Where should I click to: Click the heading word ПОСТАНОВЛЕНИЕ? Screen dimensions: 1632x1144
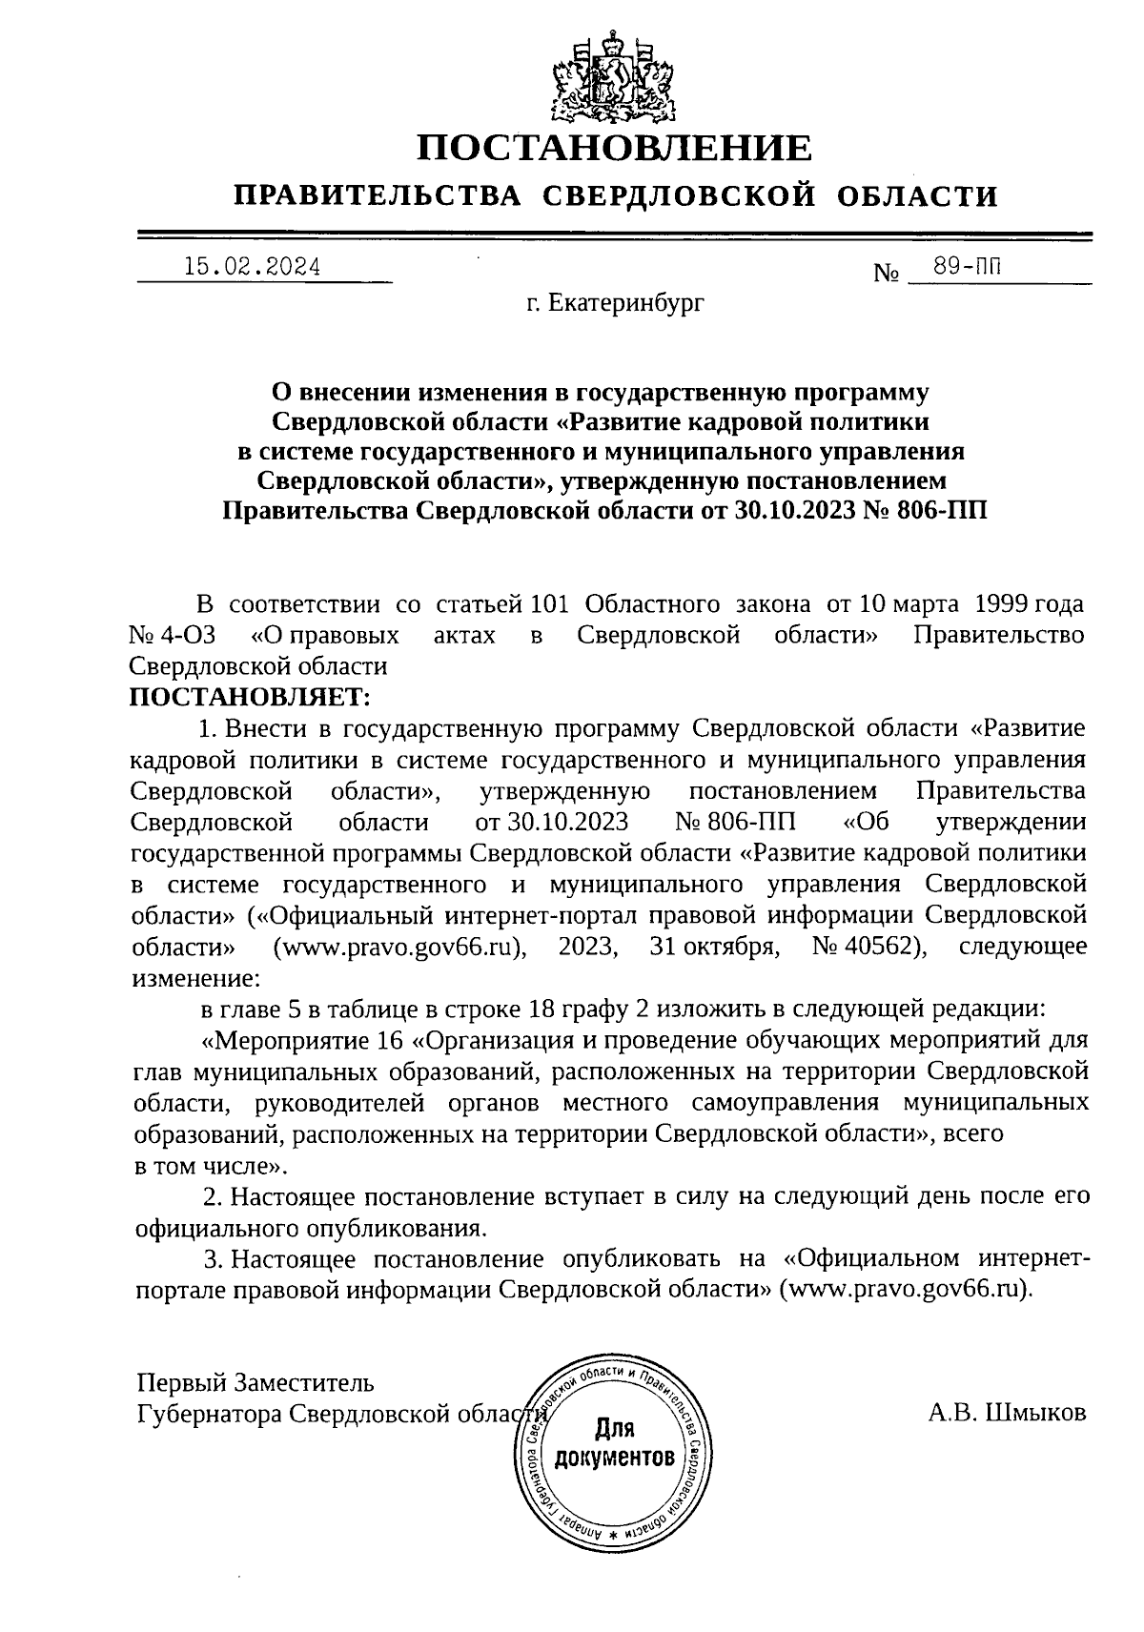pos(615,149)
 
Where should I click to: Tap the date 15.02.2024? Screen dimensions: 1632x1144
pos(252,268)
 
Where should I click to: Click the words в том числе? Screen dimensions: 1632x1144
pos(203,1165)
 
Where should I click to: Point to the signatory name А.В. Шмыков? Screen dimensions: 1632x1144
pos(1007,1413)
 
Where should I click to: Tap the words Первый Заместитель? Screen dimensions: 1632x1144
pos(255,1382)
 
